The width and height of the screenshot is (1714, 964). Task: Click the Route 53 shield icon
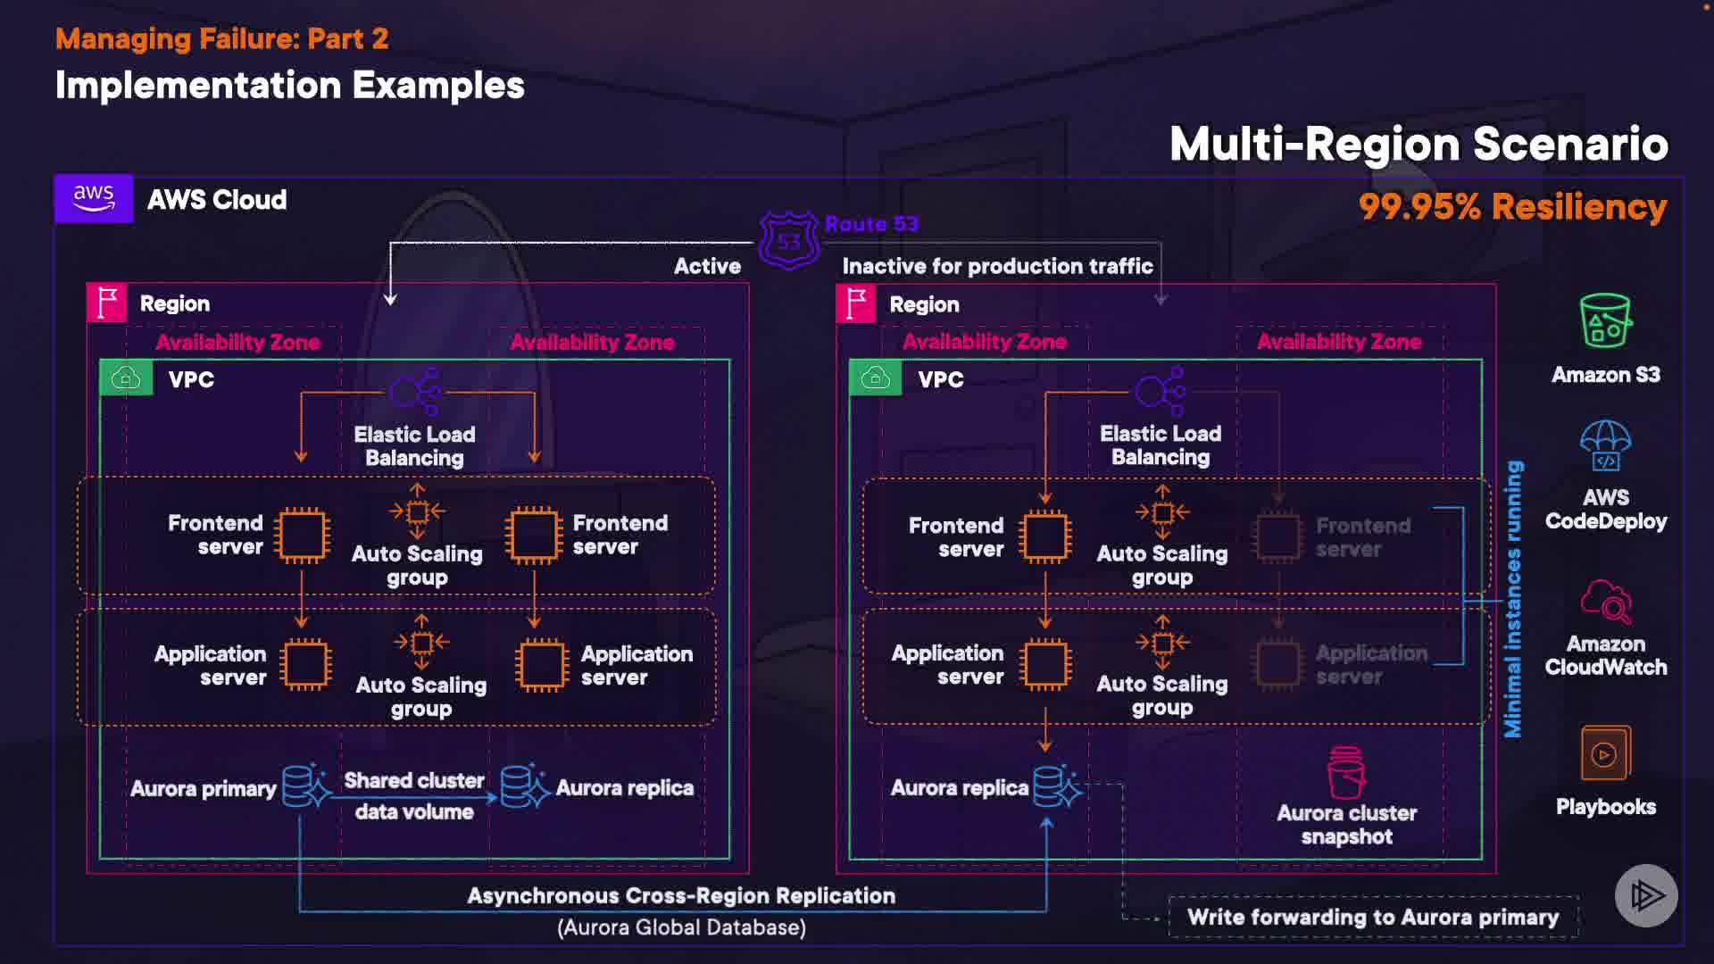point(789,240)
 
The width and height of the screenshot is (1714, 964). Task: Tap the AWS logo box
point(94,198)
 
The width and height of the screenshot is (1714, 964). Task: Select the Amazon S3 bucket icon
point(1605,320)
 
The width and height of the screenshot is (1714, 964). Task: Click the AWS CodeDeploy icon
point(1605,445)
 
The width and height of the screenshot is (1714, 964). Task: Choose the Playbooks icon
point(1605,753)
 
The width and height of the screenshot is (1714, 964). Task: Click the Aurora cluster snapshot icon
point(1346,772)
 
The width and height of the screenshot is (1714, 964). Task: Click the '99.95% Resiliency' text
point(1512,207)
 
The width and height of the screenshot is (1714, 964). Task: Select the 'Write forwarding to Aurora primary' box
point(1373,917)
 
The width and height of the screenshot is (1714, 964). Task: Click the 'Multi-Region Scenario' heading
point(1419,144)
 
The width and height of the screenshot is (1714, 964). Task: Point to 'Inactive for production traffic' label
point(997,266)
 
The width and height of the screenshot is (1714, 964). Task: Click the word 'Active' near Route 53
point(707,266)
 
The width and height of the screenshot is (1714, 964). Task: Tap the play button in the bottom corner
point(1646,895)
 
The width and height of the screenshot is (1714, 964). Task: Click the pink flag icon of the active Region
point(107,303)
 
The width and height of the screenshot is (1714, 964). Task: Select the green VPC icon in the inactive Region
point(875,378)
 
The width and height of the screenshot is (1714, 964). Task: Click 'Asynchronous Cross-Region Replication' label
point(681,895)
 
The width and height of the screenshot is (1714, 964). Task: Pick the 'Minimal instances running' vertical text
point(1513,599)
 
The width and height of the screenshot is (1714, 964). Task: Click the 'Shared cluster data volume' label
point(414,796)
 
